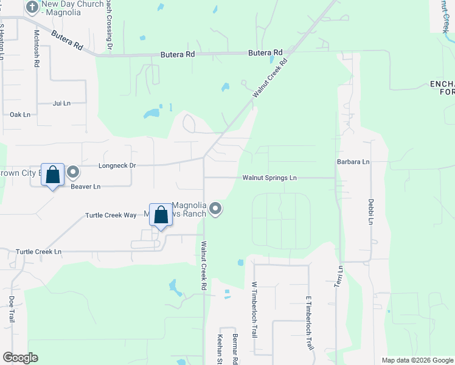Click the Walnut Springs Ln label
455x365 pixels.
pyautogui.click(x=269, y=178)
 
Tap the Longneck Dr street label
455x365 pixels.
pyautogui.click(x=117, y=165)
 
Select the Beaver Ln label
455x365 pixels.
pyautogui.click(x=86, y=187)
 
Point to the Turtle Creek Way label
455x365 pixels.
pyautogui.click(x=111, y=215)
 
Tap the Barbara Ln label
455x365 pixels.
pyautogui.click(x=353, y=162)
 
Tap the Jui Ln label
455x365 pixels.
pyautogui.click(x=62, y=103)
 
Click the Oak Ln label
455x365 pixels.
pyautogui.click(x=20, y=114)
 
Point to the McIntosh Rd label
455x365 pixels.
pyautogui.click(x=37, y=48)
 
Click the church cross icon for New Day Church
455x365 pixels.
pyautogui.click(x=32, y=7)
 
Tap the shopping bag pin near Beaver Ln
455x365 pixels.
pyautogui.click(x=53, y=175)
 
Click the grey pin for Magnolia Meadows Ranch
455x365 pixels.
pyautogui.click(x=215, y=210)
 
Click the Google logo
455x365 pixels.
pyautogui.click(x=20, y=358)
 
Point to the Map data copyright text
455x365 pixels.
pyautogui.click(x=417, y=360)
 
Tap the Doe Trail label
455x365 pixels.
pyautogui.click(x=12, y=310)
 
